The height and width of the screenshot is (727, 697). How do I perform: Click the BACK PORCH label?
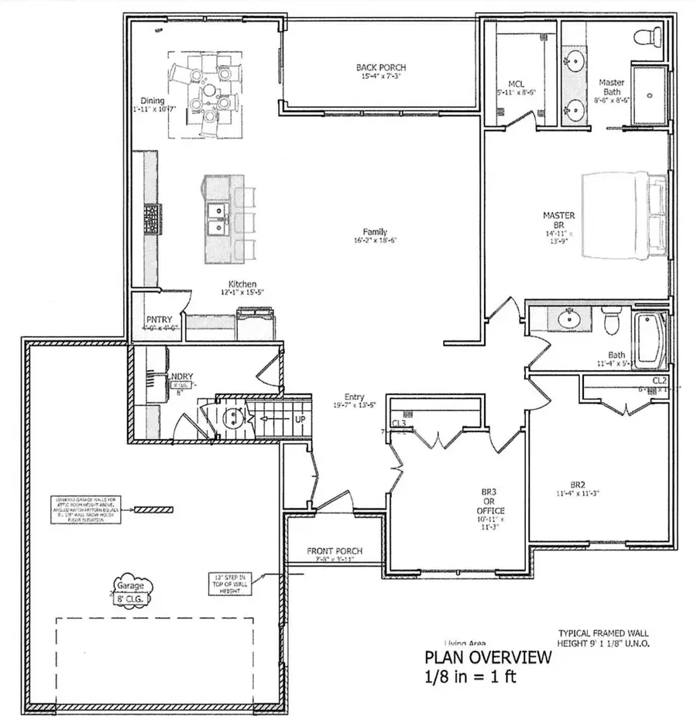(x=380, y=68)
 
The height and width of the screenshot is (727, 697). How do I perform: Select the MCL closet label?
(x=517, y=83)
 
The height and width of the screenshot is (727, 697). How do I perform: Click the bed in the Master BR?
(x=624, y=211)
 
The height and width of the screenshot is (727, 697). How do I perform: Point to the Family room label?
(x=375, y=231)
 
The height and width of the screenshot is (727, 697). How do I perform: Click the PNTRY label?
(x=157, y=319)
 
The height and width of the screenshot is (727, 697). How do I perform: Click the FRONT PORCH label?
(x=335, y=551)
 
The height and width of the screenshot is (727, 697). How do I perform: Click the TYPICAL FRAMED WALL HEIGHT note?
(x=603, y=637)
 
